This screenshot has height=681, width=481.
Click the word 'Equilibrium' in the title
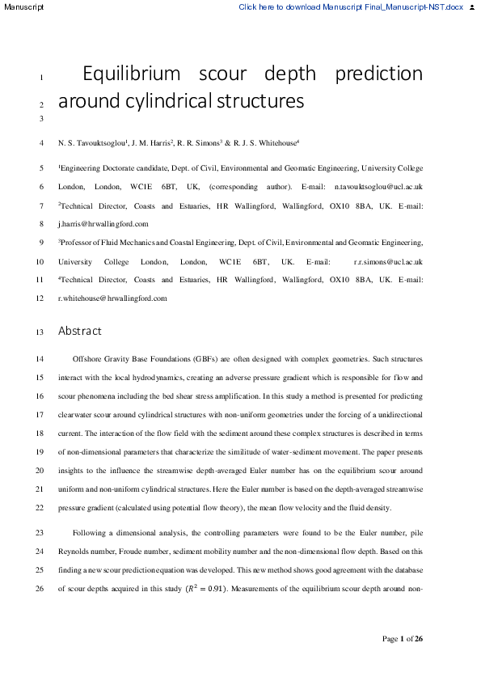(x=132, y=74)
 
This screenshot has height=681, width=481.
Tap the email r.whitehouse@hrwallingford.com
(x=112, y=298)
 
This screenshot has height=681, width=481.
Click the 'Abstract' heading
(x=80, y=331)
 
